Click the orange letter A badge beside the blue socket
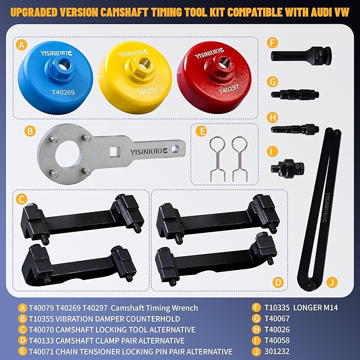point(21,46)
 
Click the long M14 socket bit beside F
point(302,56)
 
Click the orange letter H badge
point(274,117)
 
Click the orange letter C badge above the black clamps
point(21,199)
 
